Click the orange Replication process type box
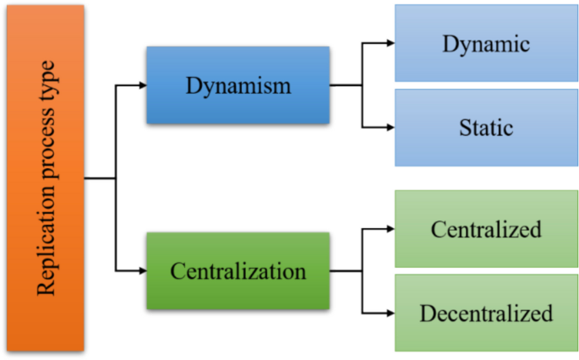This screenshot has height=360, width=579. [45, 177]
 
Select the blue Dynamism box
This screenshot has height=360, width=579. [238, 85]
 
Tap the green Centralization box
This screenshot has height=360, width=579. [238, 271]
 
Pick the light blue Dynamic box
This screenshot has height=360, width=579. [486, 43]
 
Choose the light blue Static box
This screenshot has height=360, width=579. [486, 128]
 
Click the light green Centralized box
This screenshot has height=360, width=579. [486, 229]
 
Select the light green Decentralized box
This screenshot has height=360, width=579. [486, 313]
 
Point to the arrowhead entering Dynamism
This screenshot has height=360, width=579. [140, 85]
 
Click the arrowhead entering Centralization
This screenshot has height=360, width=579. [140, 271]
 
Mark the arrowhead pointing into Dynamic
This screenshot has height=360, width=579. [389, 43]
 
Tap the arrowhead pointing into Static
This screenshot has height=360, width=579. [389, 128]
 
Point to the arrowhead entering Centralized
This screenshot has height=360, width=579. [389, 229]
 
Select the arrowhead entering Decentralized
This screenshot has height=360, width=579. [389, 313]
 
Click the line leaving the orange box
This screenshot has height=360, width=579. [99, 178]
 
